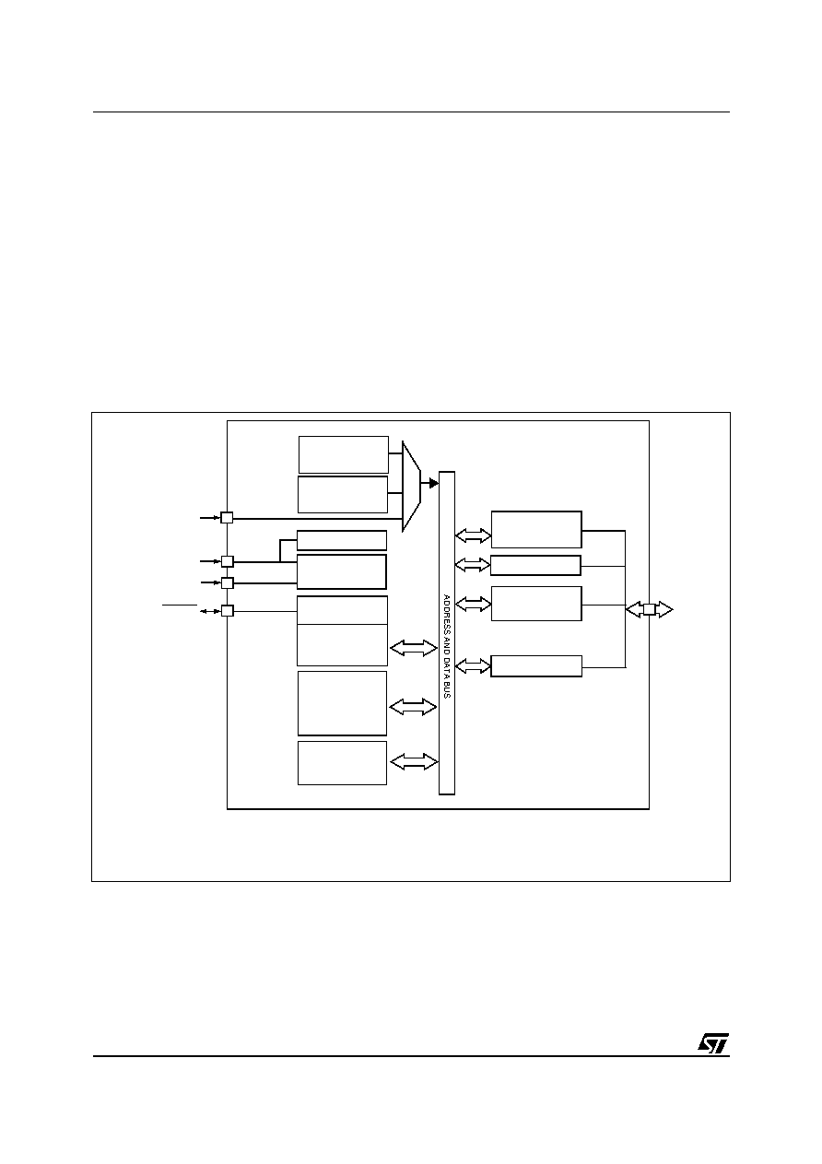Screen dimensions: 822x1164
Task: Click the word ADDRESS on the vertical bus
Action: click(446, 613)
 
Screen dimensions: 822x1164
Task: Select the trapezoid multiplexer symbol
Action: click(411, 487)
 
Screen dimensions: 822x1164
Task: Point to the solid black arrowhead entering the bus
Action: click(434, 483)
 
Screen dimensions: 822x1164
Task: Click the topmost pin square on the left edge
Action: click(227, 518)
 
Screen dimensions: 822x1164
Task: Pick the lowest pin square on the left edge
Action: click(227, 611)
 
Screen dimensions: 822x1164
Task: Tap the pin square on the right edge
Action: click(649, 609)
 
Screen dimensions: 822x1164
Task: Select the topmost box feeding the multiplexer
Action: click(344, 454)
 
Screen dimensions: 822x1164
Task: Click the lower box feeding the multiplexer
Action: click(343, 494)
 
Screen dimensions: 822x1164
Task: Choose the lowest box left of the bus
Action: click(342, 763)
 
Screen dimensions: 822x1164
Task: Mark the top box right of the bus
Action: click(536, 530)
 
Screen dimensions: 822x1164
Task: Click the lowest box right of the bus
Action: click(536, 666)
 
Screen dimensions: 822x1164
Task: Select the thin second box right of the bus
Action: click(535, 565)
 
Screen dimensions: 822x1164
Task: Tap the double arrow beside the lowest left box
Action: click(414, 762)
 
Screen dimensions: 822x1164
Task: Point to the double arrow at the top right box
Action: click(473, 535)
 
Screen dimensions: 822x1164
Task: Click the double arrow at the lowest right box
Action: click(473, 666)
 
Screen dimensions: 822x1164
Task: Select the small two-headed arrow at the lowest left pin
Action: click(210, 611)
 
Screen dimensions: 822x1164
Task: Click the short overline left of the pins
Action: click(180, 605)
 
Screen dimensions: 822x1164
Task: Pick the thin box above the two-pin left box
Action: click(341, 540)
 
